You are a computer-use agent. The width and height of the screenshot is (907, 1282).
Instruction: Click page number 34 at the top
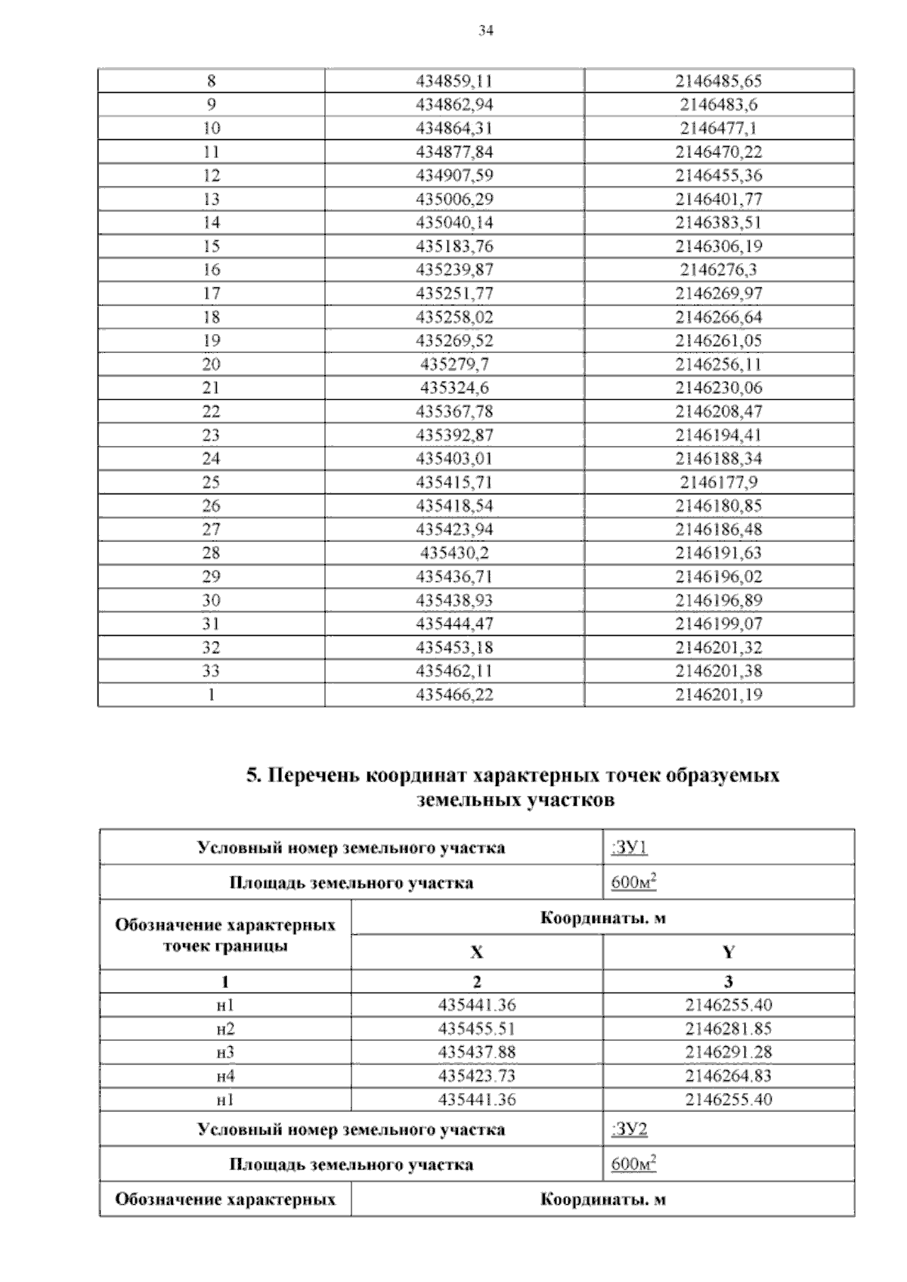[x=486, y=31]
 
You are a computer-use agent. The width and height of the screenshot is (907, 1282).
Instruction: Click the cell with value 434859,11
[x=454, y=81]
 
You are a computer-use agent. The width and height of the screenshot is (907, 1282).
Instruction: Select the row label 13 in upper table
[x=211, y=199]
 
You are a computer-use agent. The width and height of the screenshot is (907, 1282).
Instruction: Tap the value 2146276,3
[x=719, y=270]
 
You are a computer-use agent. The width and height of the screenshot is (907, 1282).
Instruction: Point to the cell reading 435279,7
[x=454, y=364]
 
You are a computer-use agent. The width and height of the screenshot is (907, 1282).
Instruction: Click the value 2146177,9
[x=719, y=482]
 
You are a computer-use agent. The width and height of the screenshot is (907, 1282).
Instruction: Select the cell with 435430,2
[x=454, y=553]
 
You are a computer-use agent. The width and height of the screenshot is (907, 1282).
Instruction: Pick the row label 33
[x=211, y=670]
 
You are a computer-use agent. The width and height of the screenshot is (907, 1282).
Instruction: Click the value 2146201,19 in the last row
[x=719, y=694]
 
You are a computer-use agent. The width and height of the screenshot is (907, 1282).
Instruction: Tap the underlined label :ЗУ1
[x=629, y=847]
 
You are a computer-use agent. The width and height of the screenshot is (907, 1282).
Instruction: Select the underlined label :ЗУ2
[x=629, y=1129]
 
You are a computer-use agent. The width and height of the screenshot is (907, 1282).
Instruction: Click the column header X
[x=476, y=952]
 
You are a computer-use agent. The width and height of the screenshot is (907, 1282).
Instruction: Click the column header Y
[x=728, y=952]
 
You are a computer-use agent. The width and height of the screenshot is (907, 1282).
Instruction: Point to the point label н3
[x=224, y=1052]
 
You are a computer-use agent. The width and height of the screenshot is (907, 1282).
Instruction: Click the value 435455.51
[x=477, y=1029]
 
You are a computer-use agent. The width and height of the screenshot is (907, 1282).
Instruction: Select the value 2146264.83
[x=728, y=1076]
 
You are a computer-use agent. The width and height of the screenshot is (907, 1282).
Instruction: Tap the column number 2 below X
[x=476, y=982]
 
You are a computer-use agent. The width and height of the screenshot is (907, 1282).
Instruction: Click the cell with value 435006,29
[x=454, y=199]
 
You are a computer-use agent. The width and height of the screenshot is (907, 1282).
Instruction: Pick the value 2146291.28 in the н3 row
[x=728, y=1052]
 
